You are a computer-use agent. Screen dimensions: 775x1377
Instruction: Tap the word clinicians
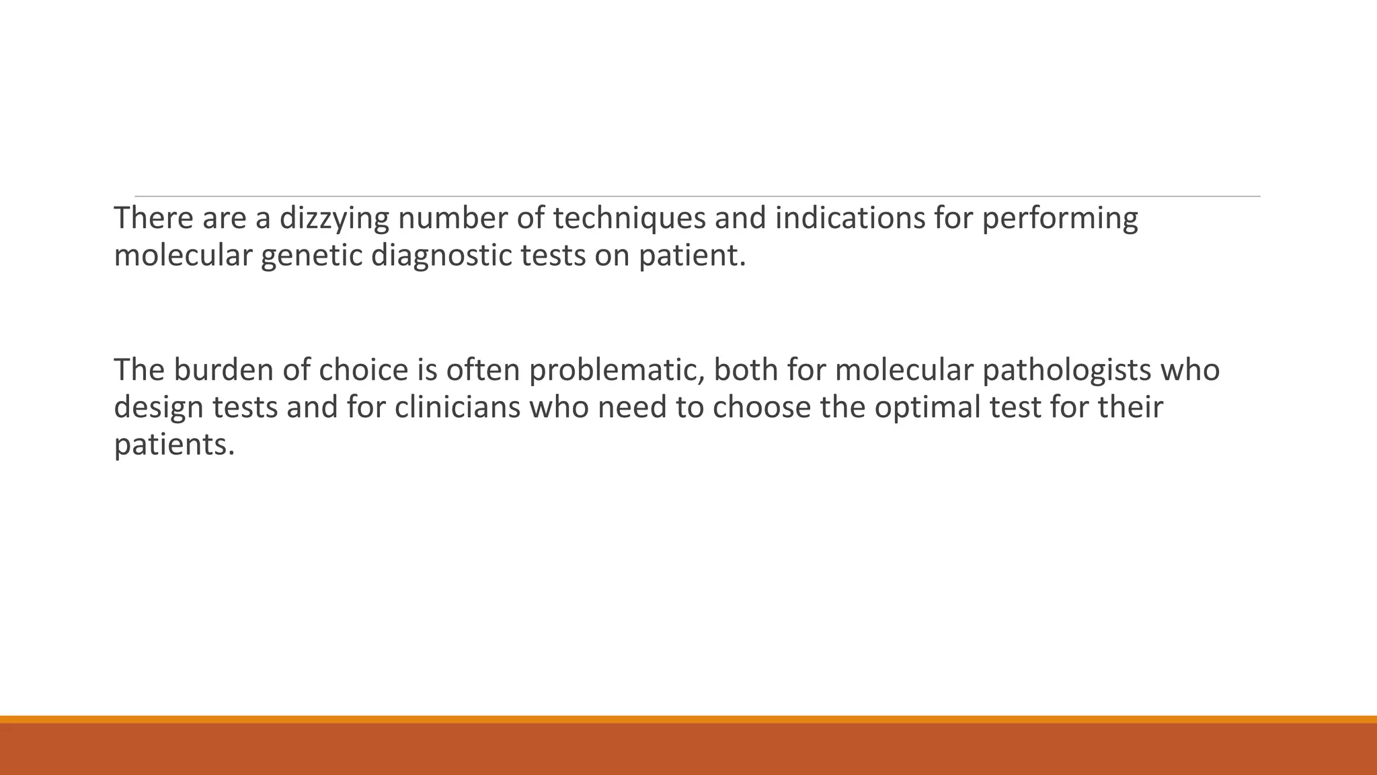click(x=457, y=407)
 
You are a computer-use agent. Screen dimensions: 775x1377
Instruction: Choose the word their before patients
click(x=1130, y=407)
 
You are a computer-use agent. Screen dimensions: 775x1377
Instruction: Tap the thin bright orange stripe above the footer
click(x=688, y=719)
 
